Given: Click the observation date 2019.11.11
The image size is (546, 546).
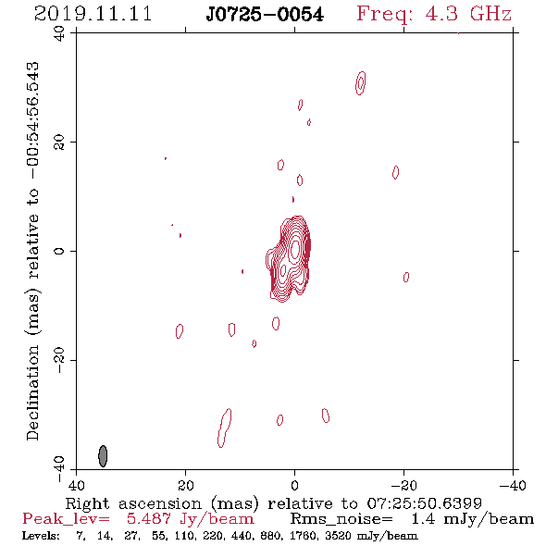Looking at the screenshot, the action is pyautogui.click(x=93, y=14).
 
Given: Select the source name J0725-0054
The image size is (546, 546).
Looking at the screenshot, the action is pyautogui.click(x=265, y=15).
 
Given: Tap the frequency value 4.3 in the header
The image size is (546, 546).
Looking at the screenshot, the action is pyautogui.click(x=441, y=14).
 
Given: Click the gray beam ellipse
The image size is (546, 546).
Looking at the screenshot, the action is pyautogui.click(x=103, y=456).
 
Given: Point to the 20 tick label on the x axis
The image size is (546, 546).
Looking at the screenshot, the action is pyautogui.click(x=186, y=485).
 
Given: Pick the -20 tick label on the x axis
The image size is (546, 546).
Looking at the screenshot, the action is pyautogui.click(x=403, y=485).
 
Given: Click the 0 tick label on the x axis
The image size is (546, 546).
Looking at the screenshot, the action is pyautogui.click(x=294, y=485).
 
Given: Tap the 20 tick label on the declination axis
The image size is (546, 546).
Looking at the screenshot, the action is pyautogui.click(x=59, y=143).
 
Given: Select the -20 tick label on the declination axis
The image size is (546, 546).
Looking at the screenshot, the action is pyautogui.click(x=59, y=360).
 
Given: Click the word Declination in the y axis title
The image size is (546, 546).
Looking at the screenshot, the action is pyautogui.click(x=32, y=392).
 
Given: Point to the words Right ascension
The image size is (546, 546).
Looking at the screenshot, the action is pyautogui.click(x=133, y=503).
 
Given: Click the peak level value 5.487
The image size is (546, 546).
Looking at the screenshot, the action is pyautogui.click(x=149, y=519).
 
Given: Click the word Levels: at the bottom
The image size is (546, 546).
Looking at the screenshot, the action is pyautogui.click(x=41, y=535).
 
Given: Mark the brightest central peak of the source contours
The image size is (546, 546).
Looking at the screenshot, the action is pyautogui.click(x=295, y=249).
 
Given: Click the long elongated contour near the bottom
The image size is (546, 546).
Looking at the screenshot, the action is pyautogui.click(x=224, y=428).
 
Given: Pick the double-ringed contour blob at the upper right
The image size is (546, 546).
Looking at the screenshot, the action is pyautogui.click(x=360, y=83).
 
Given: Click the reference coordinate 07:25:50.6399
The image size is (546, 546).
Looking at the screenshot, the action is pyautogui.click(x=425, y=503).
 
